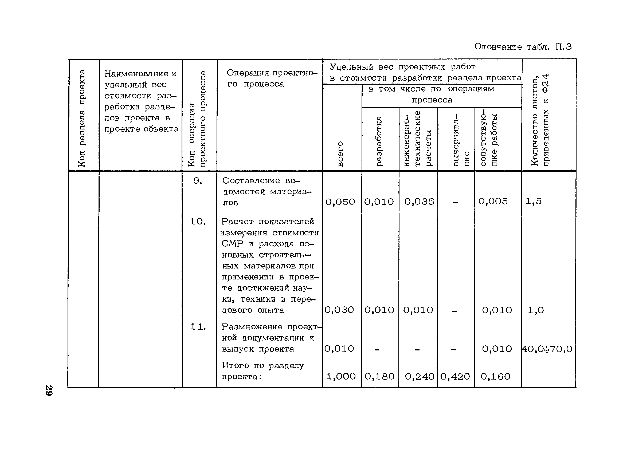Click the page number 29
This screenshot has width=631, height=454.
click(49, 391)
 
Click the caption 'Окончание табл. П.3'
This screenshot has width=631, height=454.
click(523, 47)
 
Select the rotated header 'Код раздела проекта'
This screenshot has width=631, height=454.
click(82, 118)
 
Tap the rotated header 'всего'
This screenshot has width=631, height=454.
click(340, 154)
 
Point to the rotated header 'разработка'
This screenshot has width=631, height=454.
click(379, 141)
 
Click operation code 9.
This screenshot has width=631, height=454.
click(198, 181)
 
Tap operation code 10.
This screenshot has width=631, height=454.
click(198, 222)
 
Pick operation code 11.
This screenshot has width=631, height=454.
click(198, 327)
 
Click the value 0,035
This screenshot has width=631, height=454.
click(419, 202)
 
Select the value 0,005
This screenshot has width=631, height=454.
click(493, 201)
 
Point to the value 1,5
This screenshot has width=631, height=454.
click(534, 201)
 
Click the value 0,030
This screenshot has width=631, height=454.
click(339, 310)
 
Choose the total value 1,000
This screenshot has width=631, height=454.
click(341, 377)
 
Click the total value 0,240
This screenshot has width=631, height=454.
click(419, 377)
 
